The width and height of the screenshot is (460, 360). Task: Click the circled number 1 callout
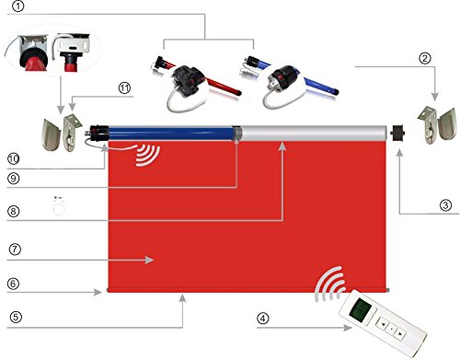[x=18, y=6]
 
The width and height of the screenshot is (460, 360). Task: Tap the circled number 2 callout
[x=425, y=58]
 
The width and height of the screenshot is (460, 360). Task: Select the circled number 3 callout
[x=445, y=204]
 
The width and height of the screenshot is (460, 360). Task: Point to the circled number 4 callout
[x=262, y=319]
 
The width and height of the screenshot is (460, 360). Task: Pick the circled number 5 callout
[x=16, y=317]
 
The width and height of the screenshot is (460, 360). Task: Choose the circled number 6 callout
[x=13, y=284]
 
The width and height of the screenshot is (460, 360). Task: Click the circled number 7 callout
[x=15, y=250]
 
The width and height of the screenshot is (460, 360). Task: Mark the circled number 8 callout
[x=14, y=211]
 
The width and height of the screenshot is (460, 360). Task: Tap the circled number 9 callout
[x=13, y=179]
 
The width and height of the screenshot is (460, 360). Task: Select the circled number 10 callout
[x=13, y=159]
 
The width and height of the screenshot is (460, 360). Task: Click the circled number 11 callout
[x=124, y=88]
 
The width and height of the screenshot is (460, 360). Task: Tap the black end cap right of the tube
[x=397, y=133]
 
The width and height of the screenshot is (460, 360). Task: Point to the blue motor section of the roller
[x=170, y=134]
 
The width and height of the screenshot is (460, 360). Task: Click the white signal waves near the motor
[x=148, y=156]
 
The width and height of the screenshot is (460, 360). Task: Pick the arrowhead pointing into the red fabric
[x=149, y=260]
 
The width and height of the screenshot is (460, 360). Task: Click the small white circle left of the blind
[x=59, y=210]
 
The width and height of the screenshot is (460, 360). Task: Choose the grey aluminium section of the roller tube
[x=314, y=133]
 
